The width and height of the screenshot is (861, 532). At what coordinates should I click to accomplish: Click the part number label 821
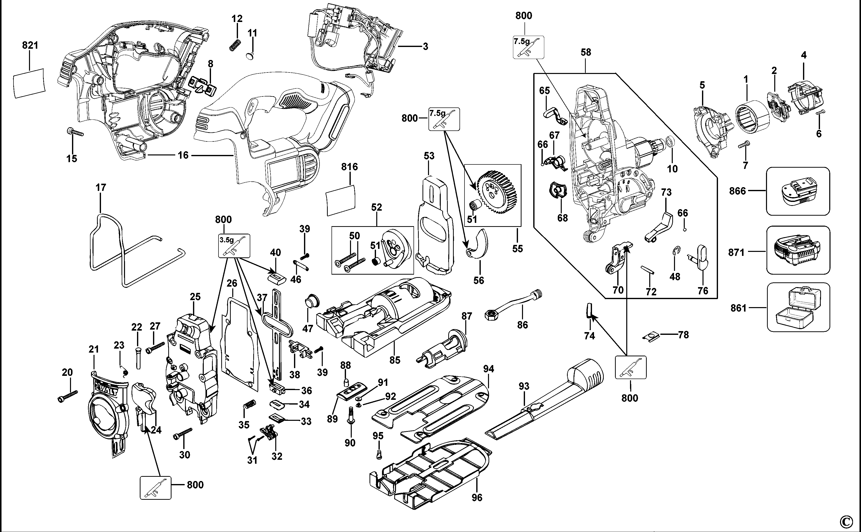30,45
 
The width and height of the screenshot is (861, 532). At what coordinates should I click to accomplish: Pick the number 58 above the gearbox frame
586,52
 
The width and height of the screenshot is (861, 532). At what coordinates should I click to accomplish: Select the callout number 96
477,497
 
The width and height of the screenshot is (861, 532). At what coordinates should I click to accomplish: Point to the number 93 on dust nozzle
524,386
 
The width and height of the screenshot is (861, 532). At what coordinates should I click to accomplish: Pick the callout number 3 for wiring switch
425,46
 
